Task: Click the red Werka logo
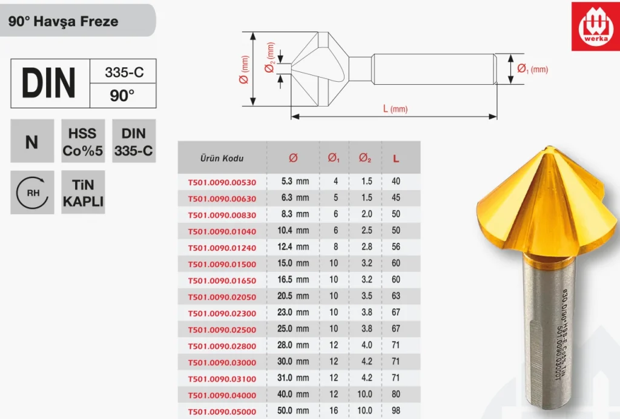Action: click(x=596, y=27)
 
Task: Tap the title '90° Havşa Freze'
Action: click(x=63, y=21)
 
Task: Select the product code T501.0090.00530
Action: click(x=222, y=182)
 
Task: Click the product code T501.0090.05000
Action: click(x=222, y=412)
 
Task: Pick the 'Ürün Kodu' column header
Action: click(x=222, y=159)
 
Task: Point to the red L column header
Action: click(x=396, y=159)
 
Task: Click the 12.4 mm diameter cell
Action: click(x=293, y=246)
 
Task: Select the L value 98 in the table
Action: click(x=396, y=411)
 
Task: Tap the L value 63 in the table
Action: click(x=396, y=295)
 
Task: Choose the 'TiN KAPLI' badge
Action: click(x=83, y=193)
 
